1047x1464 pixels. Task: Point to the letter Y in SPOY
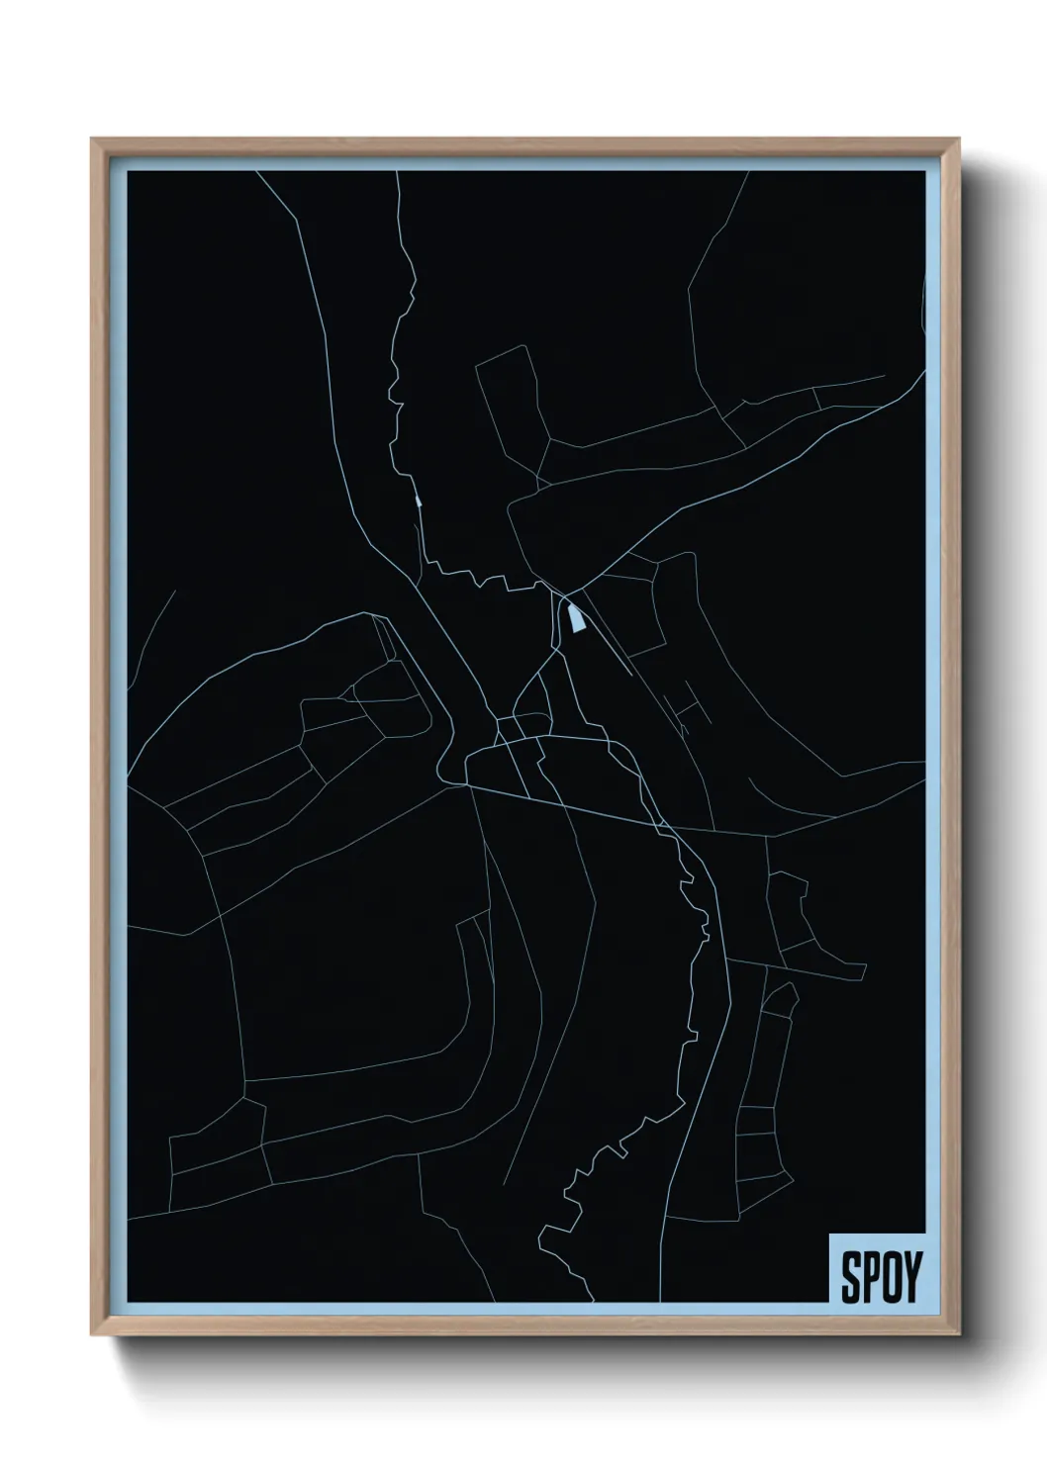tap(910, 1278)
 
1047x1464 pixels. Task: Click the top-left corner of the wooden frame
tap(92, 139)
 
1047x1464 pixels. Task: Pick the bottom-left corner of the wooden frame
tap(92, 1338)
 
